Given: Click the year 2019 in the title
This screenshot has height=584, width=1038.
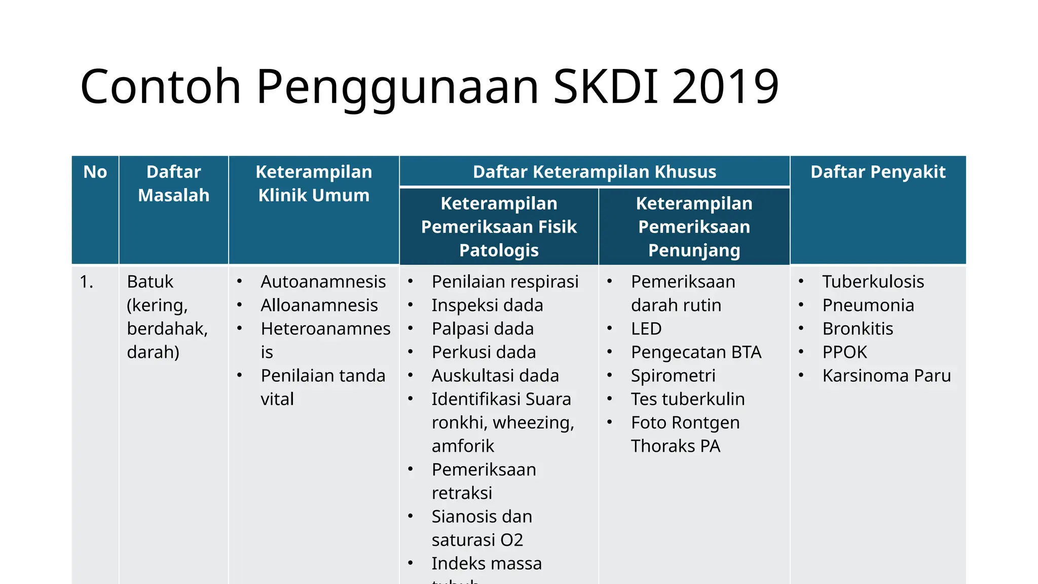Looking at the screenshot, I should click(x=725, y=87).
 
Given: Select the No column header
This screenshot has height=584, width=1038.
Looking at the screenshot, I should click(x=95, y=172).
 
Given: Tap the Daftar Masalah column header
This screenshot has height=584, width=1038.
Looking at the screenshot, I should click(x=173, y=184).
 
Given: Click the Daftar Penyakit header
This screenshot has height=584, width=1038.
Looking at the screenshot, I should click(x=878, y=172).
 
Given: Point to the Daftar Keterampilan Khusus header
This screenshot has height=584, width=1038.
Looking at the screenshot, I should click(x=595, y=172).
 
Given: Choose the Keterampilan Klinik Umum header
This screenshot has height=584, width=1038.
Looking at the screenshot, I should click(x=314, y=184).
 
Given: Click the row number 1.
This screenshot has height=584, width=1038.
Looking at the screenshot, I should click(x=87, y=282).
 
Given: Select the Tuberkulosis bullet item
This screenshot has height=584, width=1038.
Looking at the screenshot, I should click(x=873, y=282).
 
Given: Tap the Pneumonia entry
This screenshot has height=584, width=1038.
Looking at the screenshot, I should click(x=868, y=305).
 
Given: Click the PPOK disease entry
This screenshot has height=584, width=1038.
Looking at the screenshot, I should click(x=844, y=352).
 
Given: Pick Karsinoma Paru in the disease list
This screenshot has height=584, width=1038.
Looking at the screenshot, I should click(x=886, y=376).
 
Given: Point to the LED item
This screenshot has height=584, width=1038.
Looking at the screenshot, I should click(x=646, y=329).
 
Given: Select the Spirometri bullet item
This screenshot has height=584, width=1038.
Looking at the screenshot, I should click(x=673, y=376).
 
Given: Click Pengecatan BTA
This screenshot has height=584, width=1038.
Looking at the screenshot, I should click(x=696, y=352).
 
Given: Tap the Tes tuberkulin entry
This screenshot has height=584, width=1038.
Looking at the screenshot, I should click(x=688, y=399).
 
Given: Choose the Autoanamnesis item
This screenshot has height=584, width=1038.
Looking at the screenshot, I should click(x=323, y=282).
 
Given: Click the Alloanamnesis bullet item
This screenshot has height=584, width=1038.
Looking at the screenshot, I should click(x=319, y=305).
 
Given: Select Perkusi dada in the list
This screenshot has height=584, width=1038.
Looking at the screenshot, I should click(x=484, y=352).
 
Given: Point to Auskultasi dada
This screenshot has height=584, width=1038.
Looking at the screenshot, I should click(x=495, y=376).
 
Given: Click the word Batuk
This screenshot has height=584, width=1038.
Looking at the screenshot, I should click(x=150, y=282).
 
